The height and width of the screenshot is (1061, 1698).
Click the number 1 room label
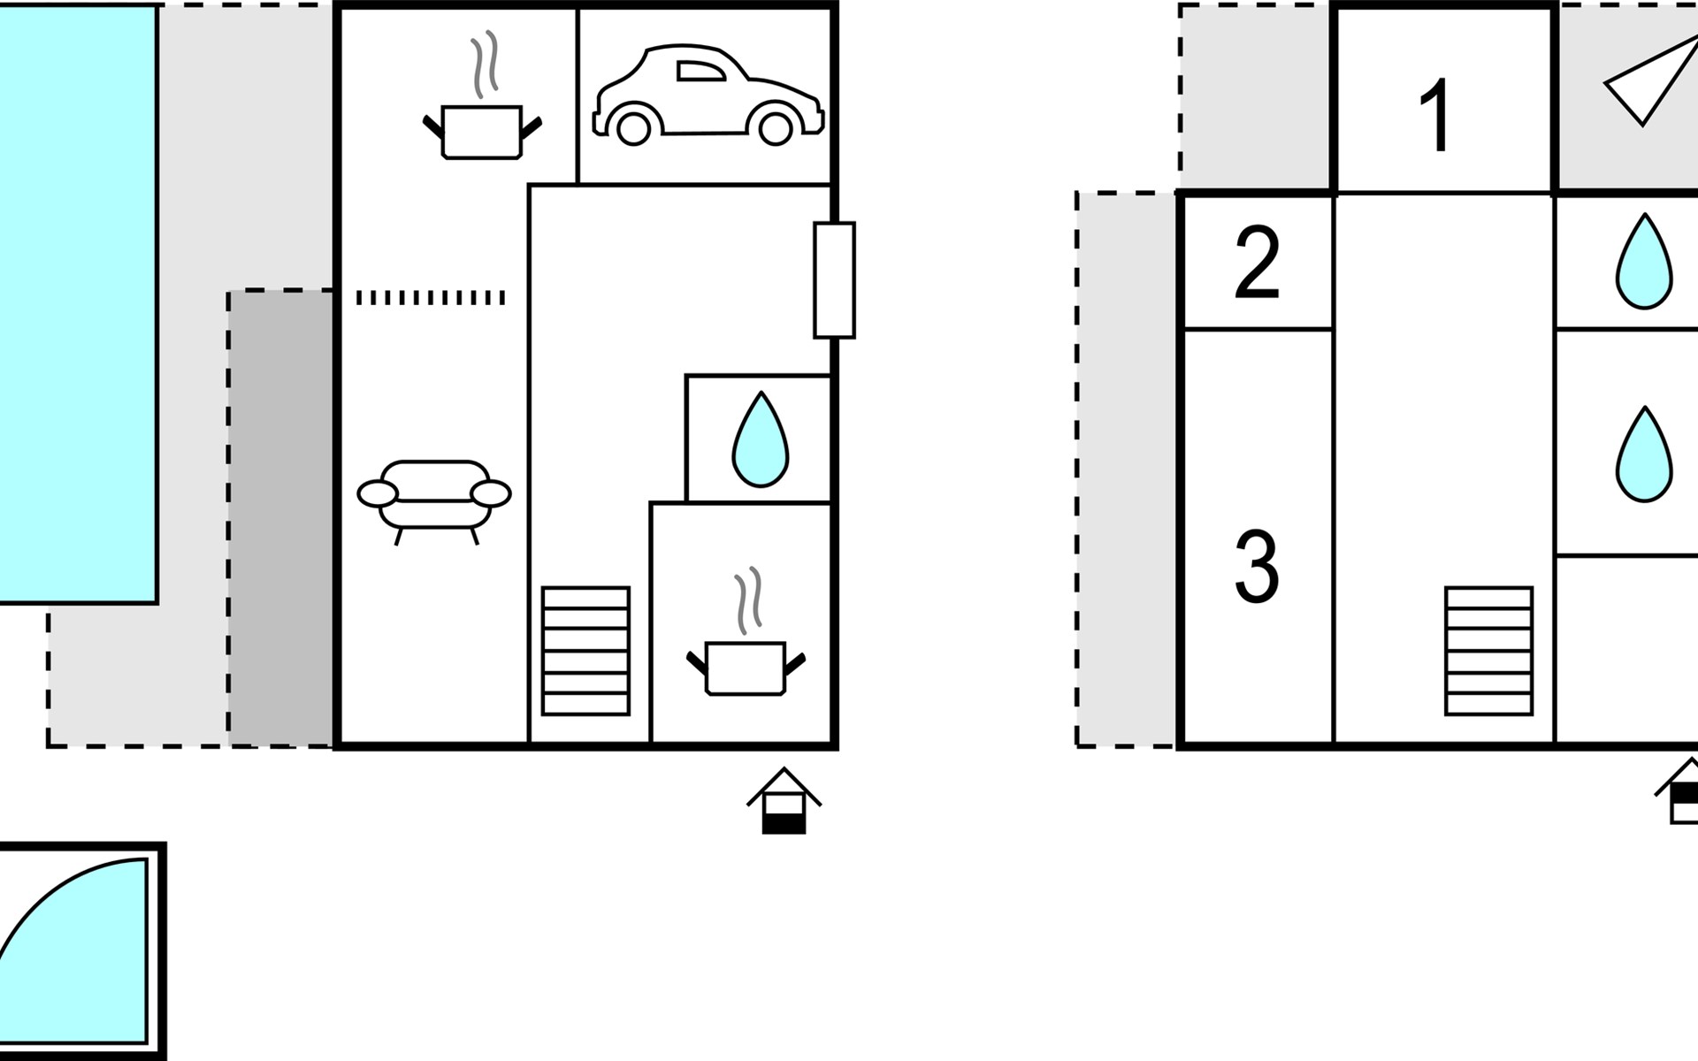[x=1435, y=116]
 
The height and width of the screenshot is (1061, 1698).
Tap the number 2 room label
[x=1257, y=262]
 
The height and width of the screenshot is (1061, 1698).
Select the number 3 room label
[x=1257, y=566]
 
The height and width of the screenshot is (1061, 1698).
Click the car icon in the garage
[x=708, y=95]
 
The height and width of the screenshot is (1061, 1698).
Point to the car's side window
[x=700, y=71]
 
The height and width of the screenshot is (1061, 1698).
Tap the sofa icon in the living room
[x=433, y=501]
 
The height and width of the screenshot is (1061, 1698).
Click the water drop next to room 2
[x=1644, y=262]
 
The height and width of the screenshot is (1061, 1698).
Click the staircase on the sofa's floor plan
[x=585, y=651]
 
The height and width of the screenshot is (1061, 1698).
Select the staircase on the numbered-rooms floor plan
[x=1489, y=651]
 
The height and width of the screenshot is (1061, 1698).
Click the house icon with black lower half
[x=784, y=800]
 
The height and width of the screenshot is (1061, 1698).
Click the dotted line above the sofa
[x=431, y=298]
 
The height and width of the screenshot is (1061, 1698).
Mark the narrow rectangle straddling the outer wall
[x=834, y=280]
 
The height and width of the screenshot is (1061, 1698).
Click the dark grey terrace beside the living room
[x=281, y=518]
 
